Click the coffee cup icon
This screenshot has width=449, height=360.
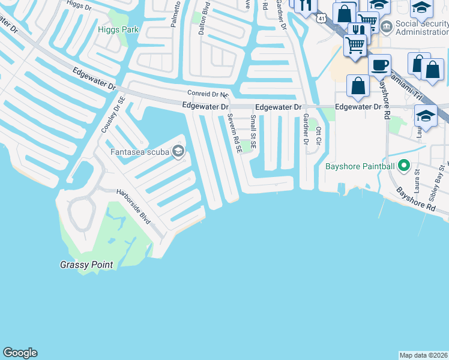[379, 64]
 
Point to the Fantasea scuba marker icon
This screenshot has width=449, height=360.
[178, 151]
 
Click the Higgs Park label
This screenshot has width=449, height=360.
[118, 29]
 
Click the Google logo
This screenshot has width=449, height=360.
[20, 353]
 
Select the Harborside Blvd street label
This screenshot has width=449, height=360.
[133, 208]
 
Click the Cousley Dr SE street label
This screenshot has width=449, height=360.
[113, 115]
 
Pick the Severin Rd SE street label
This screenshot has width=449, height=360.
[234, 133]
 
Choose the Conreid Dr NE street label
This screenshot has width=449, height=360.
[208, 94]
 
